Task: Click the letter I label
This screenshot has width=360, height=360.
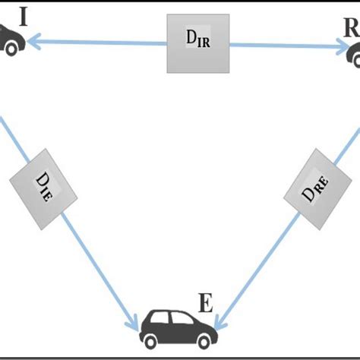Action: [x=24, y=16]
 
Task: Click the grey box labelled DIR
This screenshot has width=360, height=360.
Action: [x=197, y=45]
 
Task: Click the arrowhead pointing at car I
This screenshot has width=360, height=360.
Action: [x=33, y=43]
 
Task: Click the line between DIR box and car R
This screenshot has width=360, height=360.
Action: [x=285, y=46]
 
